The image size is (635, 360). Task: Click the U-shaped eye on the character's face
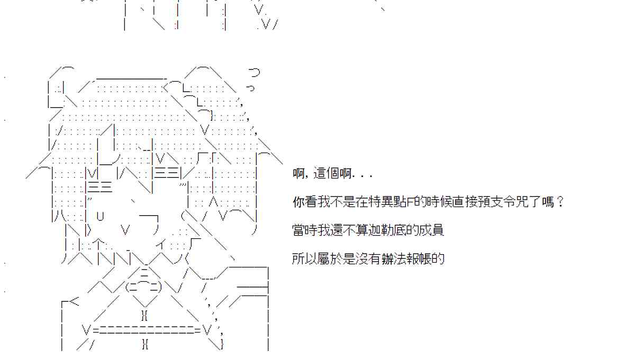[101, 215]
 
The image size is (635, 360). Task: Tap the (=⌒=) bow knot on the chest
[144, 287]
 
